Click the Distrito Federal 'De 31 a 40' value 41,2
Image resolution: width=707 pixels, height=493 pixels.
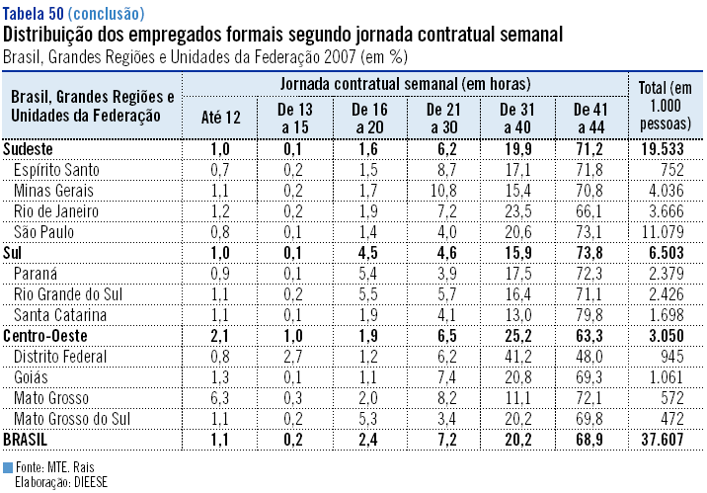[517, 356]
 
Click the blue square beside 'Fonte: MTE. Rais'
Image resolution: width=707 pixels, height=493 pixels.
[8, 466]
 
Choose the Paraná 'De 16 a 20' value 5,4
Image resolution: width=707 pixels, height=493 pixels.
[367, 273]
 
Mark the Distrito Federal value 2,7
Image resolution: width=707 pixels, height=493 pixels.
[293, 356]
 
